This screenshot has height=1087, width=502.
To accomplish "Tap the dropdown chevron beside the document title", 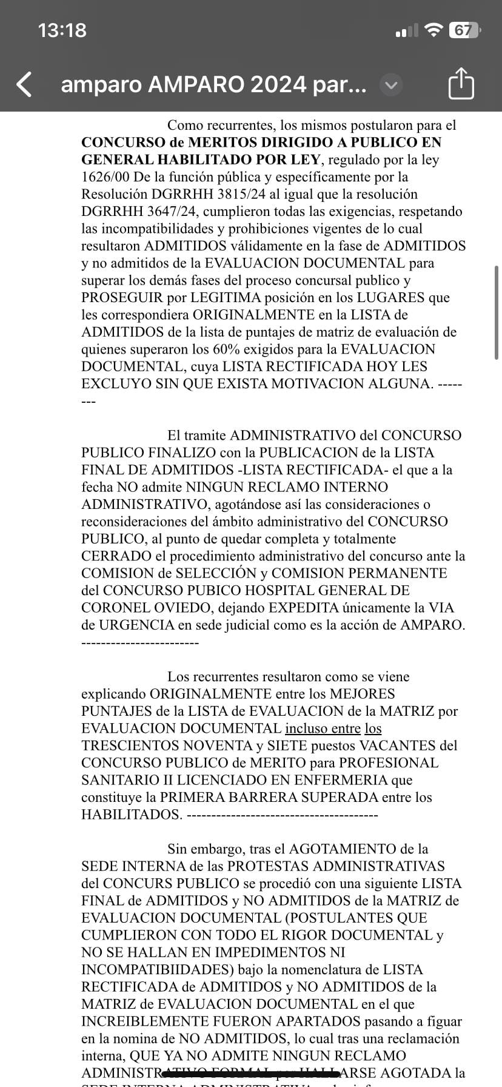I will tap(391, 85).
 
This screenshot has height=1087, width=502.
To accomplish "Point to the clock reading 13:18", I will tap(62, 30).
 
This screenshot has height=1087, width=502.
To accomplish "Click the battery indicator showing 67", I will tap(463, 30).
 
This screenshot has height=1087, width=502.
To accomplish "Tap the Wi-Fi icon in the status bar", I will tap(433, 30).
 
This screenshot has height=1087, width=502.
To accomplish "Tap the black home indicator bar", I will tap(251, 1074).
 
